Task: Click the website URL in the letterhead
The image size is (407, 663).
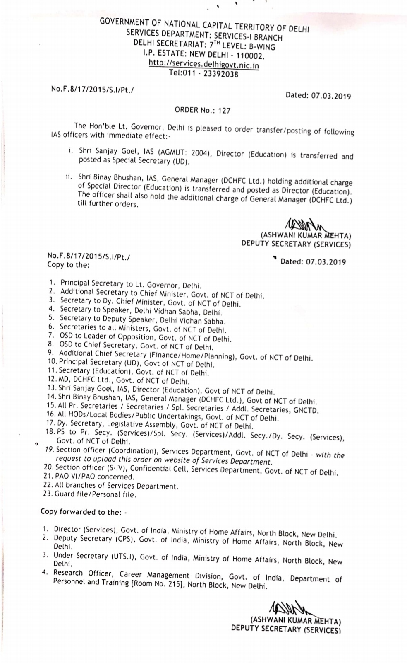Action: click(203, 65)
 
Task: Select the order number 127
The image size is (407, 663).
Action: click(225, 111)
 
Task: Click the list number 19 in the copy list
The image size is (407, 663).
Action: click(50, 449)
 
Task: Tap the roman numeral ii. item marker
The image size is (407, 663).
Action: click(69, 177)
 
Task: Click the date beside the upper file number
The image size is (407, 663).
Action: click(318, 96)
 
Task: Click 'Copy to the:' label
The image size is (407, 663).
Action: click(68, 265)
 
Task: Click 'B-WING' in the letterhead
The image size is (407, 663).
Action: click(261, 46)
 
